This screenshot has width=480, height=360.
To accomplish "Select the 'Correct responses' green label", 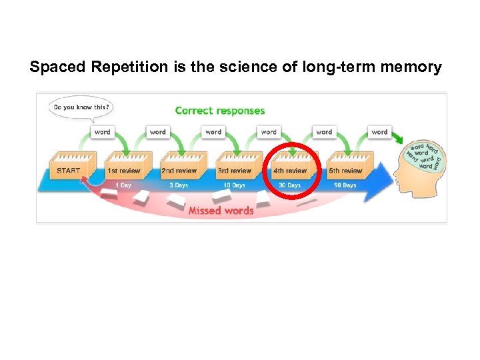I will click(x=220, y=111).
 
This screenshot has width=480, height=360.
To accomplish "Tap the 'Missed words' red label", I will click(x=221, y=211).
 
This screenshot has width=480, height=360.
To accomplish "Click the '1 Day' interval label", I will click(x=123, y=185).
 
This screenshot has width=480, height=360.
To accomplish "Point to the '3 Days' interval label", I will click(x=179, y=185).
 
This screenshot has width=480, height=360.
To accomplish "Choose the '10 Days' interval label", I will click(x=234, y=185).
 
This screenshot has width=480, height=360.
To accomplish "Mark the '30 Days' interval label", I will click(x=289, y=185).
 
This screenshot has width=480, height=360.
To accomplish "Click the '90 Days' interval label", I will click(x=345, y=185).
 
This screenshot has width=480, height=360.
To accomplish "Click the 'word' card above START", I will click(x=103, y=132).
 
